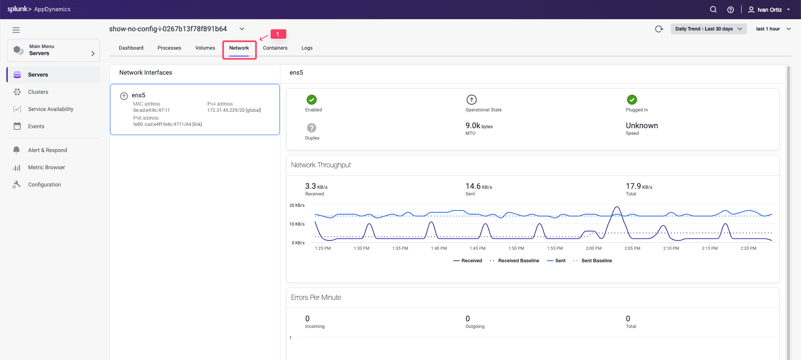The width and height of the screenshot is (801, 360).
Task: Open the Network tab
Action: coord(239,48)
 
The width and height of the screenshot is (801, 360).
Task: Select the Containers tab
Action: coord(275,48)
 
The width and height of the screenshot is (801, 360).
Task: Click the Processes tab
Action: coord(169,48)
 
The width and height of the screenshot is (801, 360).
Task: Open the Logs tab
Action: coord(307,48)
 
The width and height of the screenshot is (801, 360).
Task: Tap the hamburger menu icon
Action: coord(16,30)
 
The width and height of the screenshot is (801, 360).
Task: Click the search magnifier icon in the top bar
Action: coord(713,10)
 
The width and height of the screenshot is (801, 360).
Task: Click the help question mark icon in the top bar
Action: coord(730,10)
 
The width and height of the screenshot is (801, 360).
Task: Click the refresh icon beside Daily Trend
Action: coord(659,29)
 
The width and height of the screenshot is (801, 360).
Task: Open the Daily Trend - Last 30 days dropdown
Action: coord(708,29)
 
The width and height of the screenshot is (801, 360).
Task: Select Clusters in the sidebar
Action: coord(38,92)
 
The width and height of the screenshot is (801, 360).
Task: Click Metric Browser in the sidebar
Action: coord(46,167)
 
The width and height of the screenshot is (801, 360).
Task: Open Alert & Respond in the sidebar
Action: coord(47,150)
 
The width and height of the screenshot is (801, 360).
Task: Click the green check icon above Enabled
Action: coord(312,100)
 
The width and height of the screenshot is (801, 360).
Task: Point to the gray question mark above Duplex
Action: coord(312,128)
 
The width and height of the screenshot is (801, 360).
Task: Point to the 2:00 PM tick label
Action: coord(593,248)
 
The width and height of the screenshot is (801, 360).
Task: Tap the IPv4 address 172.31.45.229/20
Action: coord(234,110)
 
